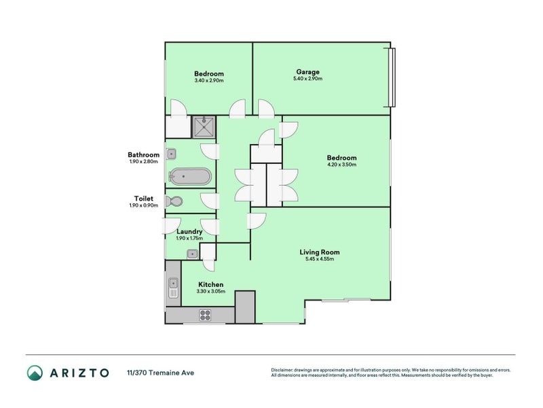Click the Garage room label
point(307,72)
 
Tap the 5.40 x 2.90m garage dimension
point(307,79)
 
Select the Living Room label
point(320,252)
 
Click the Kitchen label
point(210,284)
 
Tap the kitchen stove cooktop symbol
point(204,315)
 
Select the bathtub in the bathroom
point(190,177)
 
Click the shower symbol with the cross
point(203,126)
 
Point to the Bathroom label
point(143,155)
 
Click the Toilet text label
point(143,199)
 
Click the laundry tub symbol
point(192,254)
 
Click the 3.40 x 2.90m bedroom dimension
point(208,81)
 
